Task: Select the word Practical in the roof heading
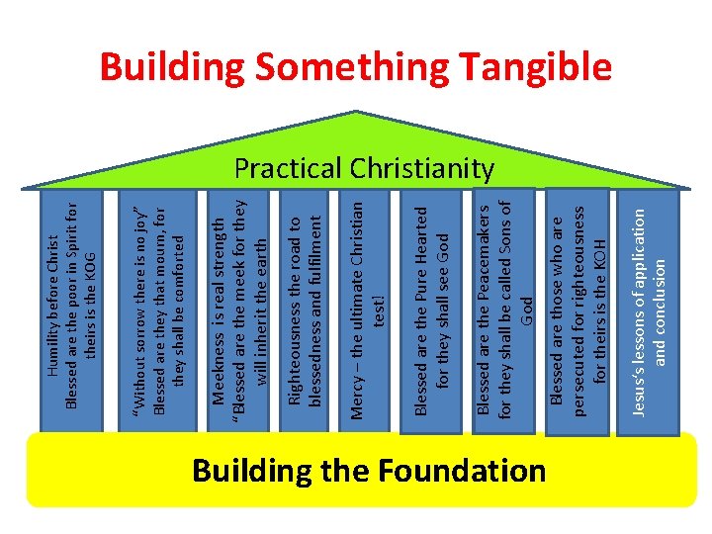pos(285,169)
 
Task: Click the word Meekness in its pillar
pos(219,367)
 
